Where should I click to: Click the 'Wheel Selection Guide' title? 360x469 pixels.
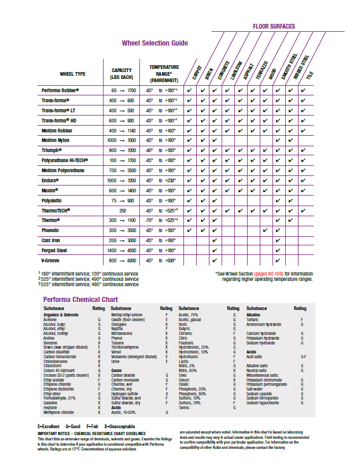(154, 43)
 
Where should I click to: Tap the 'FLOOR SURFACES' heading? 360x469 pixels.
(274, 26)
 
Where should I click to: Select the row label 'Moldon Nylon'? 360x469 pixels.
(56, 140)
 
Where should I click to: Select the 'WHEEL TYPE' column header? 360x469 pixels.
(73, 74)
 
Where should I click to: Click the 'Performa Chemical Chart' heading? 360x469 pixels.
(80, 299)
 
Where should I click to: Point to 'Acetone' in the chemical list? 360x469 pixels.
(50, 320)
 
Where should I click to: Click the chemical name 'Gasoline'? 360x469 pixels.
(51, 403)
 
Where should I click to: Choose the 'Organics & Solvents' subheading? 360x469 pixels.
(60, 315)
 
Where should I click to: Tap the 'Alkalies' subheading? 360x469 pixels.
(253, 315)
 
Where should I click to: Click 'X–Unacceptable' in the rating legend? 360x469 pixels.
(120, 427)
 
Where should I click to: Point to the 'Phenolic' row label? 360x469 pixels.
(50, 231)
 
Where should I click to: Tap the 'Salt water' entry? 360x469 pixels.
(257, 389)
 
